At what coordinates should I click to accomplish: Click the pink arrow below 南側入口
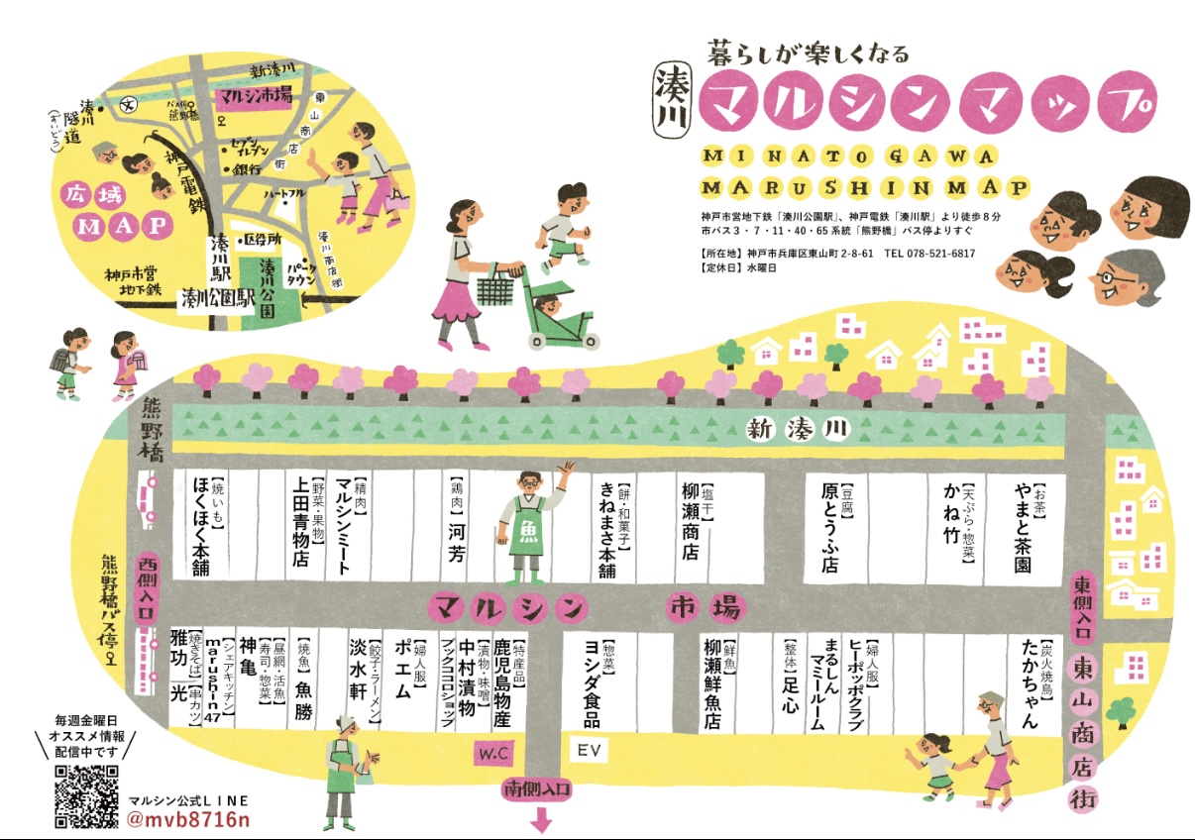click(x=542, y=820)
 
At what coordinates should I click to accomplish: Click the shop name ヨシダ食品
click(x=592, y=683)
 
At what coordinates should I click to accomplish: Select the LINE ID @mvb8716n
click(x=188, y=821)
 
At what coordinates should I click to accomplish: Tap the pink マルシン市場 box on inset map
click(x=256, y=95)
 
